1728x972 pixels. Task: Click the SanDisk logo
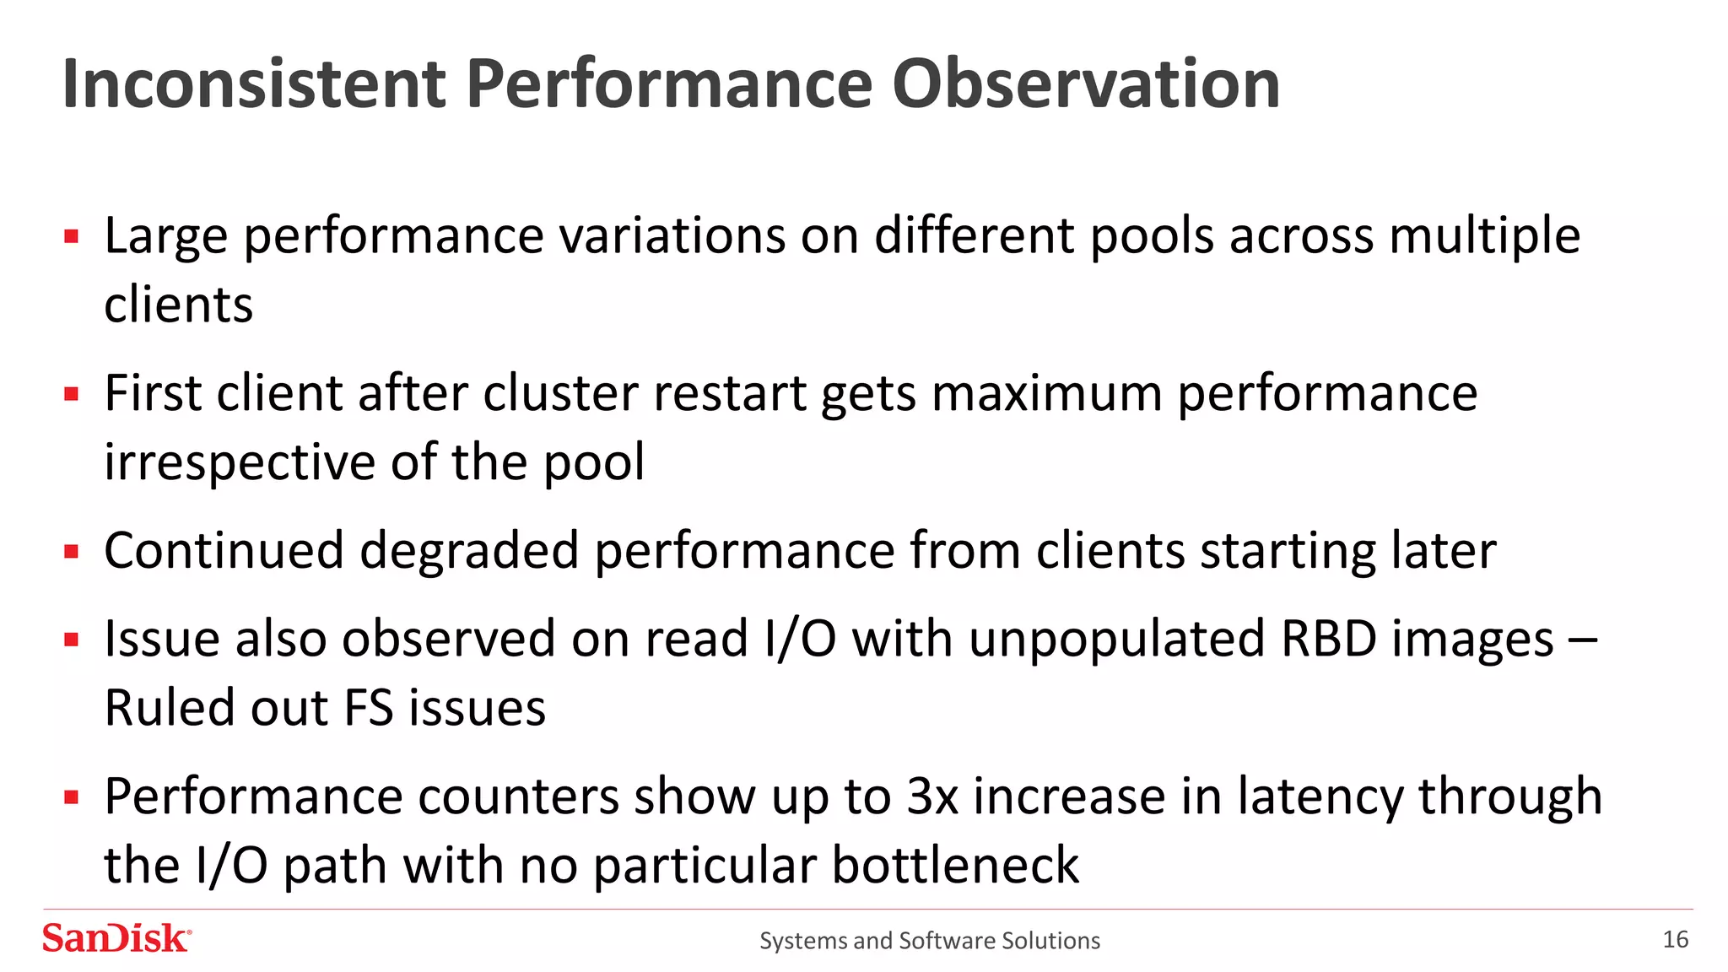click(x=116, y=938)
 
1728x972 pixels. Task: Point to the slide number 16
click(x=1675, y=939)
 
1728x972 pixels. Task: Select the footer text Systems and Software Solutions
click(x=930, y=940)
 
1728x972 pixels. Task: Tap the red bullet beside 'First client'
click(x=72, y=393)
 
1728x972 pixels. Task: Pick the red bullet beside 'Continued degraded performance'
click(x=72, y=552)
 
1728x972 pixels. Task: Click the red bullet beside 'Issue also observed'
click(x=72, y=640)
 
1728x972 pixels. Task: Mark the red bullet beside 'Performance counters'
click(x=72, y=796)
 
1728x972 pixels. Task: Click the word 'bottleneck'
click(x=955, y=865)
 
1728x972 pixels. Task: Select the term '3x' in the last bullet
click(x=932, y=796)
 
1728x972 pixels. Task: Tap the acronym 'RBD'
click(x=1328, y=639)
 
